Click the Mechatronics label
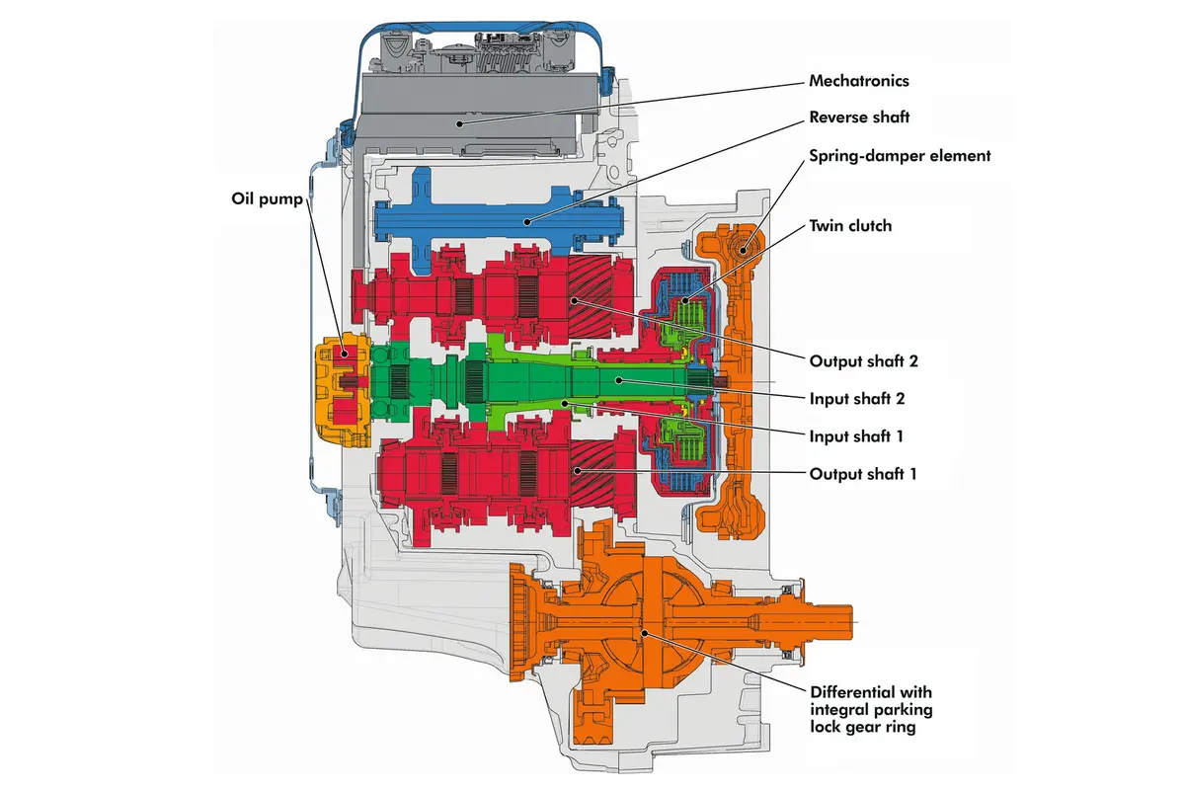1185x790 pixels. point(858,81)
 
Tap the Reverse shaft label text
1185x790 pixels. point(859,117)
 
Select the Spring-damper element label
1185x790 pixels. point(900,156)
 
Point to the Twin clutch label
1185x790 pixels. point(850,226)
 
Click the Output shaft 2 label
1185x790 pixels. point(863,361)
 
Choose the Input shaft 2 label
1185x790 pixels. point(857,398)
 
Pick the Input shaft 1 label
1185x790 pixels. point(856,436)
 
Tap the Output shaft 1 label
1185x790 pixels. point(863,474)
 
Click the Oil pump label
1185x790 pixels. point(267,198)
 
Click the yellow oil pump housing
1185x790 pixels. point(343,389)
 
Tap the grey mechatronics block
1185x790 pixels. point(471,114)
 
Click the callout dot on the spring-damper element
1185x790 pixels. point(743,250)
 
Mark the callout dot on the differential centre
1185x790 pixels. point(644,632)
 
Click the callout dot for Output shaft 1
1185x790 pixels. point(578,470)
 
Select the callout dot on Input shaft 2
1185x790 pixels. point(618,380)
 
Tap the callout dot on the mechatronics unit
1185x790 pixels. point(460,123)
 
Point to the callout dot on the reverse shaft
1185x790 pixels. point(527,222)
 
